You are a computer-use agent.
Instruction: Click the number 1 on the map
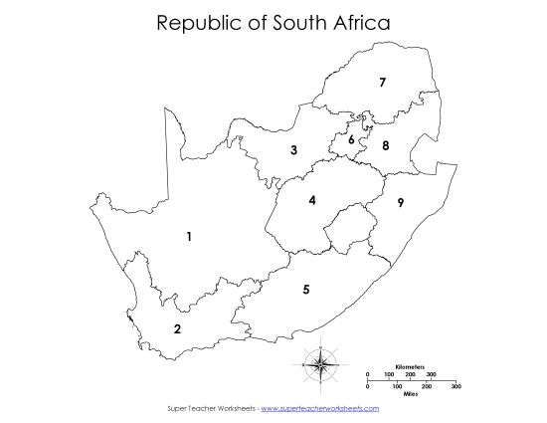tap(188, 236)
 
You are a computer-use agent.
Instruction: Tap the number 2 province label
tap(177, 329)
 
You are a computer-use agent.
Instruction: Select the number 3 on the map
tap(293, 150)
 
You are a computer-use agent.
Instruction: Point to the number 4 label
tap(312, 200)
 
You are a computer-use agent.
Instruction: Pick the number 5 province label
tap(306, 290)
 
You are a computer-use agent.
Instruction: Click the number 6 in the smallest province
tap(351, 140)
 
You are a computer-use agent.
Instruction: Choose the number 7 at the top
tap(382, 83)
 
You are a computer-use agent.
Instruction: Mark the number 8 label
tap(385, 146)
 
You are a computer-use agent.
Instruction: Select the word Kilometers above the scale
tap(411, 366)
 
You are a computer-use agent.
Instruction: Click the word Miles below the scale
tap(410, 393)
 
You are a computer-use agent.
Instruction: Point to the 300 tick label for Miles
tap(456, 385)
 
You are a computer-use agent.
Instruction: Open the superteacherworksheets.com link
tap(321, 408)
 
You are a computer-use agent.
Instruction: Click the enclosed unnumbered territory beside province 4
tap(345, 236)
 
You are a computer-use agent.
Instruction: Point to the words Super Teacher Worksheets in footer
tap(210, 408)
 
